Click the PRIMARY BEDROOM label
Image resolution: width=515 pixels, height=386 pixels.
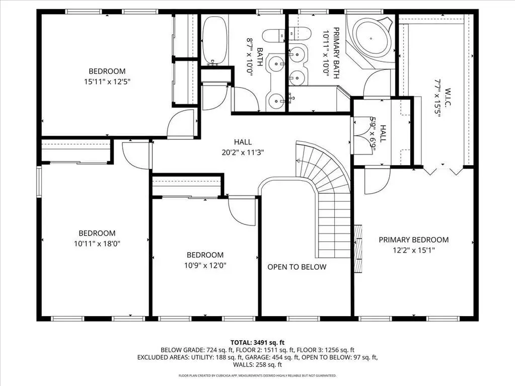point(413,240)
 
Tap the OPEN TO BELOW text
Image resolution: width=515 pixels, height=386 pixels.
point(297,267)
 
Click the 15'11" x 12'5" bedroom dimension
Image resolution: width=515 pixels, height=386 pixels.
point(107,82)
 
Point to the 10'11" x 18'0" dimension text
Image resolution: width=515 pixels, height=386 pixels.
point(97,244)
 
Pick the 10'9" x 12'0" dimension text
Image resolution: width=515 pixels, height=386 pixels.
point(205,265)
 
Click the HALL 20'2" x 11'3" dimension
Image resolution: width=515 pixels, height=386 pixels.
point(243,152)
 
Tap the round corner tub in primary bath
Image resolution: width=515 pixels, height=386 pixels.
point(371,38)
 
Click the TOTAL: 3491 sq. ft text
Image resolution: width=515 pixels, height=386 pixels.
point(258,343)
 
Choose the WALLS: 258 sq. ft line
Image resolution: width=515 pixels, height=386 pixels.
point(258,365)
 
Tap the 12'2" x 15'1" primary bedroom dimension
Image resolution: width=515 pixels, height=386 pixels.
point(414,251)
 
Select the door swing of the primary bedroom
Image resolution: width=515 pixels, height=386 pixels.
point(377,181)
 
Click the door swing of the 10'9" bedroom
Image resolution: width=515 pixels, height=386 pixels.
point(242,212)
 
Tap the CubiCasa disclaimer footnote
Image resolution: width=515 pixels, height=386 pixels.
point(258,375)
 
